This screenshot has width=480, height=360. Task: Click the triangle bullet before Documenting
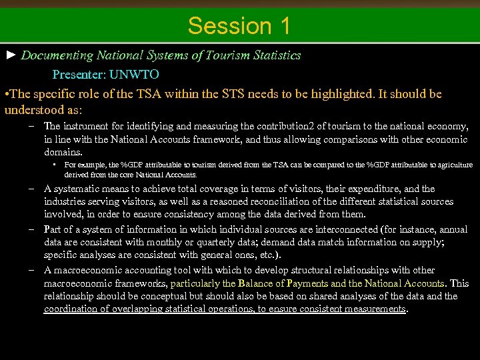click(11, 55)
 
